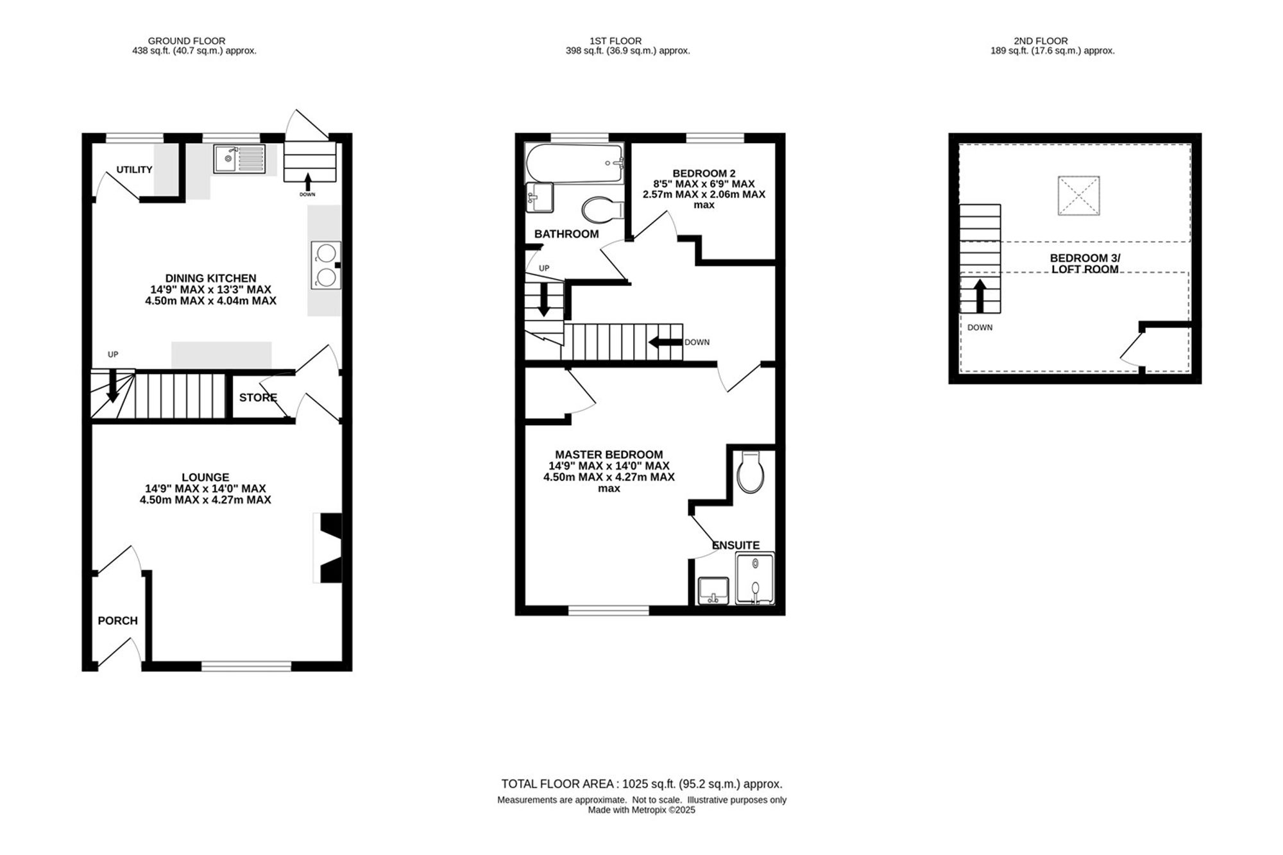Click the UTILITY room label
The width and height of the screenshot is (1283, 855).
click(x=134, y=169)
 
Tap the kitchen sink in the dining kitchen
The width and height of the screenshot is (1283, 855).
click(x=239, y=158)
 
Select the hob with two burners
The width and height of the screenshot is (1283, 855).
click(x=326, y=265)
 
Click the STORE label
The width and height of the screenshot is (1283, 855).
click(x=258, y=398)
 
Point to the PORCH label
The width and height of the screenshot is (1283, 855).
click(x=117, y=621)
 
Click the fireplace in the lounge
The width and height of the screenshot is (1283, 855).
click(x=328, y=548)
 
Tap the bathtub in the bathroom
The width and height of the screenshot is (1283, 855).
click(x=574, y=164)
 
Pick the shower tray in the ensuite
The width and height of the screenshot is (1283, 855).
click(x=755, y=579)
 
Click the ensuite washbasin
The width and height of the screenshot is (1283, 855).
click(x=713, y=590)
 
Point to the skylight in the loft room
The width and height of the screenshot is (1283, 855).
click(x=1078, y=196)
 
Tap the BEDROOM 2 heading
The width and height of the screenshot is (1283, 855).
click(x=704, y=173)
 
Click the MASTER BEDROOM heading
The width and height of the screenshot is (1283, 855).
click(x=609, y=455)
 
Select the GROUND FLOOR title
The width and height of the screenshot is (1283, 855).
click(x=187, y=41)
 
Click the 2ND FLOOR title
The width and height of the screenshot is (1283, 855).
click(x=1041, y=41)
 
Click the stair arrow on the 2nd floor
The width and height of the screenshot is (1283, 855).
click(x=980, y=296)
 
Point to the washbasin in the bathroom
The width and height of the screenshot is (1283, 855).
click(x=539, y=198)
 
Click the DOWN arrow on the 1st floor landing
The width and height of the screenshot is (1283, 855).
click(x=665, y=342)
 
